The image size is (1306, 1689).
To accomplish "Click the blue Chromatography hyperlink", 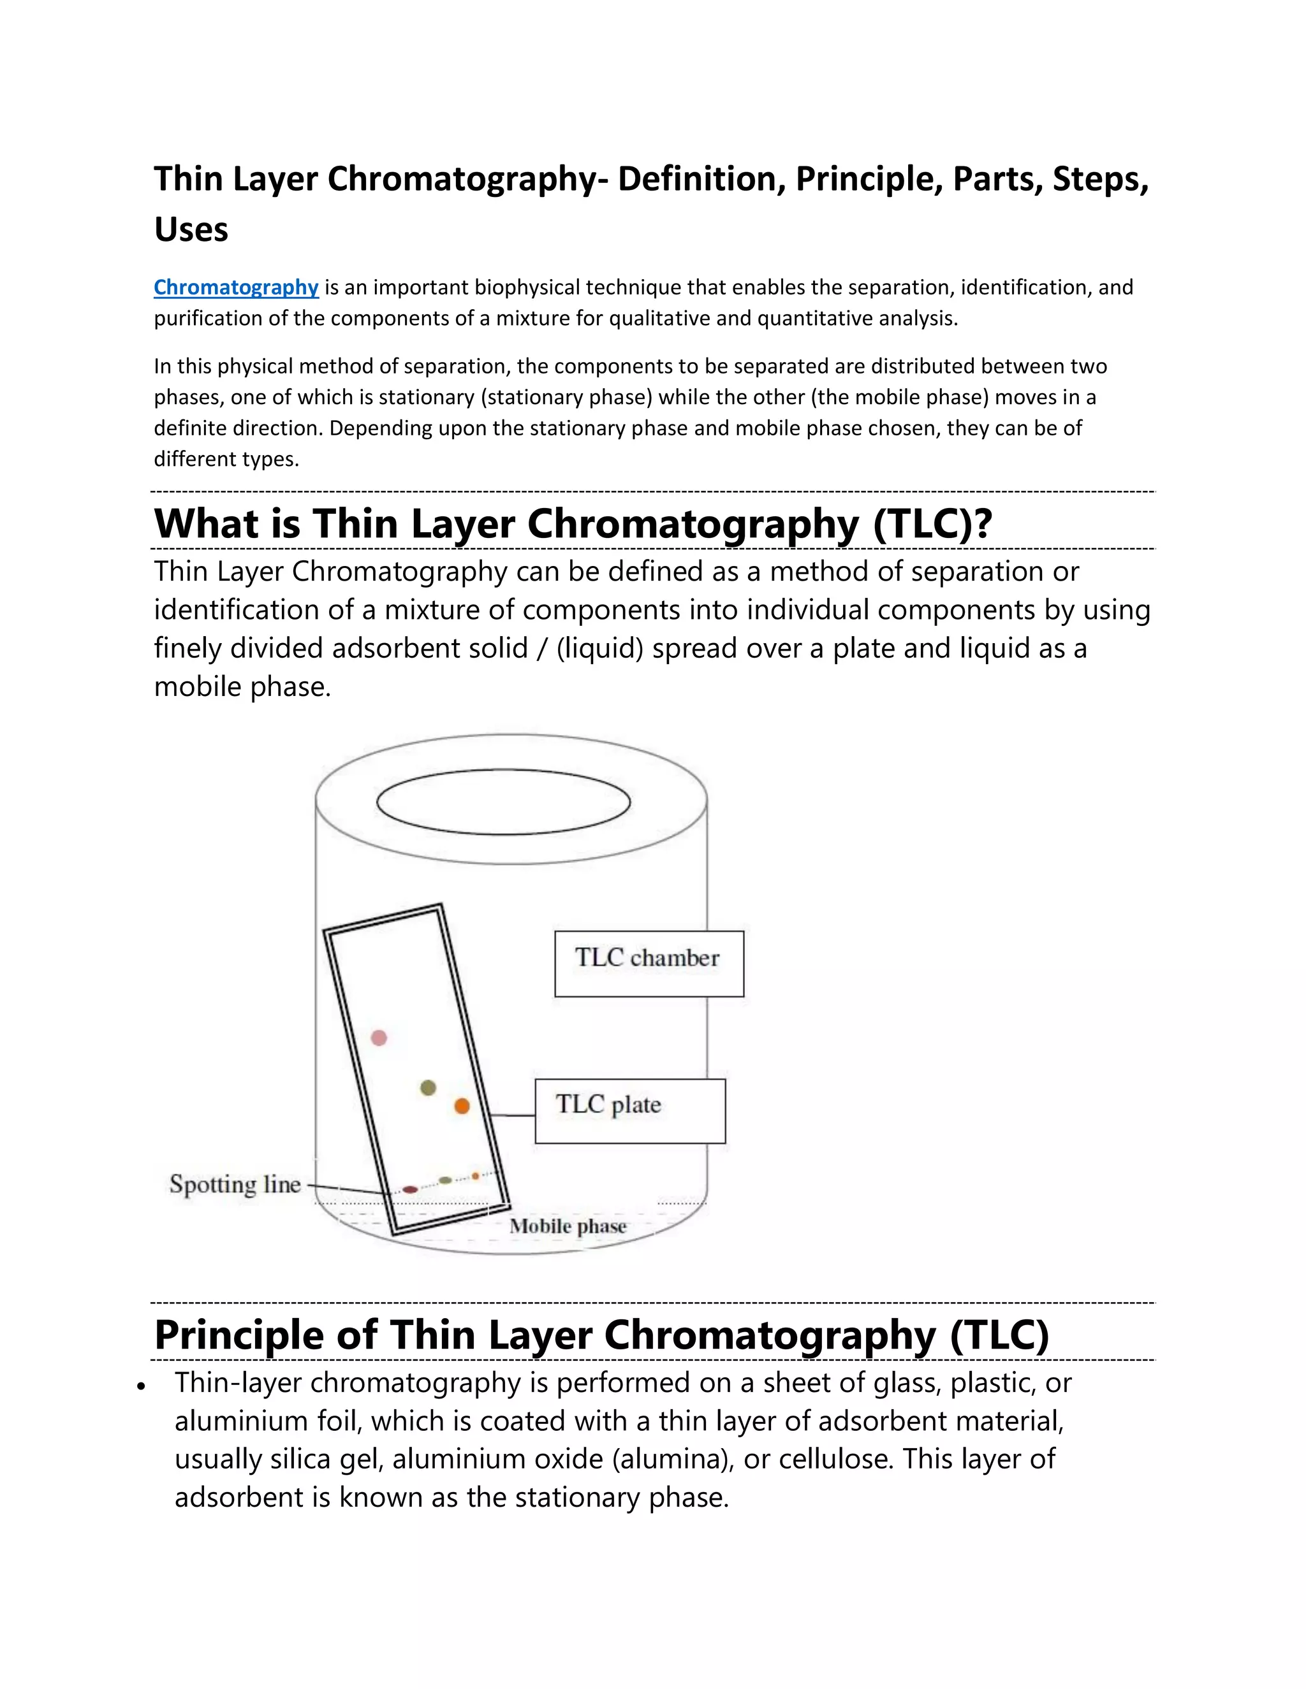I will click(236, 287).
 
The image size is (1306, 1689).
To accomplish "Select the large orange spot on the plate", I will click(462, 1106).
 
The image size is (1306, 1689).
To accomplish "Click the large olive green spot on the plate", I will click(428, 1088).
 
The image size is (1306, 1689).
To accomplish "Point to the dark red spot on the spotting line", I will click(410, 1189).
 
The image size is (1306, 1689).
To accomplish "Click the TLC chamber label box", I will click(649, 964).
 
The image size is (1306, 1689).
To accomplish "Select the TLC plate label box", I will click(630, 1110).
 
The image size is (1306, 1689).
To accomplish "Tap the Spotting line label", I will click(235, 1184).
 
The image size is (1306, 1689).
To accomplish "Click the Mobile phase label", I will click(568, 1226).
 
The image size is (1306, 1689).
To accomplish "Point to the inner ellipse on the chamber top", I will click(504, 802).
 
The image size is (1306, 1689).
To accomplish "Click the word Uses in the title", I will click(191, 229).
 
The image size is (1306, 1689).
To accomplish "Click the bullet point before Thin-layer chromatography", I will click(141, 1388).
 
